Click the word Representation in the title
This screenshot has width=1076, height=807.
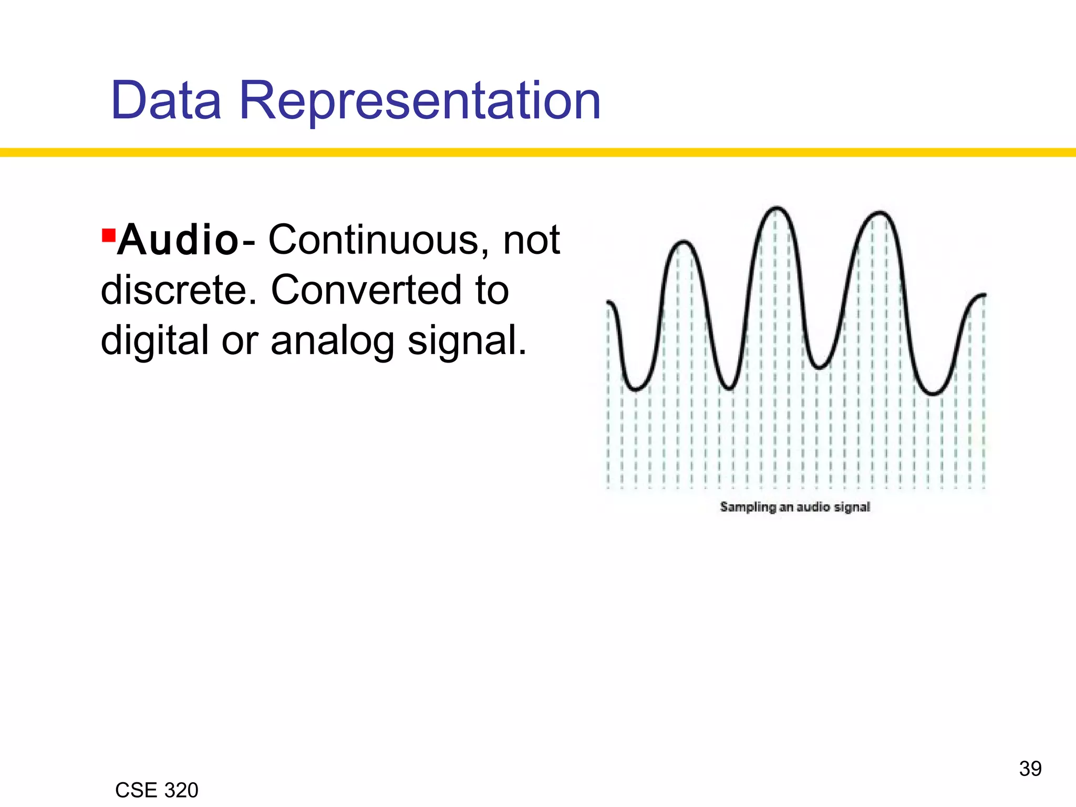click(x=420, y=101)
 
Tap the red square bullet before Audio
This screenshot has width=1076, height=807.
click(x=109, y=235)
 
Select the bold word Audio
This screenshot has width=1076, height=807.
click(x=178, y=240)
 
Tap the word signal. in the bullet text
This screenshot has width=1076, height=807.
click(x=467, y=341)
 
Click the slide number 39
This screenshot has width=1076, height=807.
click(x=1030, y=769)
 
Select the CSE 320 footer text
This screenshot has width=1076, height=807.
click(x=157, y=790)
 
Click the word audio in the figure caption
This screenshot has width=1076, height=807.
click(x=813, y=507)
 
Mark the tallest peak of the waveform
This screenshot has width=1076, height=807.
click(x=777, y=209)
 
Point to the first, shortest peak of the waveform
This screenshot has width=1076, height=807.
click(x=683, y=242)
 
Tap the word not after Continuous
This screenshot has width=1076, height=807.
click(x=531, y=240)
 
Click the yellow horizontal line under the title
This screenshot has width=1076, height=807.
click(x=538, y=152)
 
